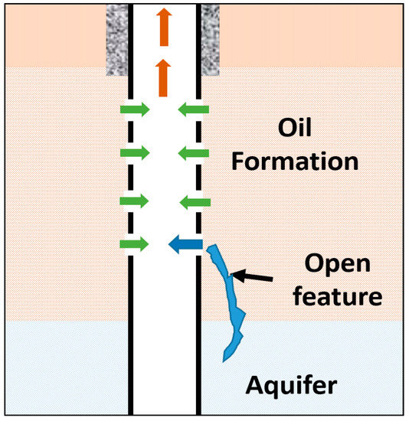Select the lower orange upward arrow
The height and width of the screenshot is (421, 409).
coord(162,78)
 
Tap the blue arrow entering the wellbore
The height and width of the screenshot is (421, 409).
coord(185,245)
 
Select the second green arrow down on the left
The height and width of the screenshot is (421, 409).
coord(134,153)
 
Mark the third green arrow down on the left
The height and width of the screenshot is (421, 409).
coord(134,201)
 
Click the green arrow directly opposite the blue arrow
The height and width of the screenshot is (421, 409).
coord(134,245)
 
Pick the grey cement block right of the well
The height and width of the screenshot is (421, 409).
coord(209,38)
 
